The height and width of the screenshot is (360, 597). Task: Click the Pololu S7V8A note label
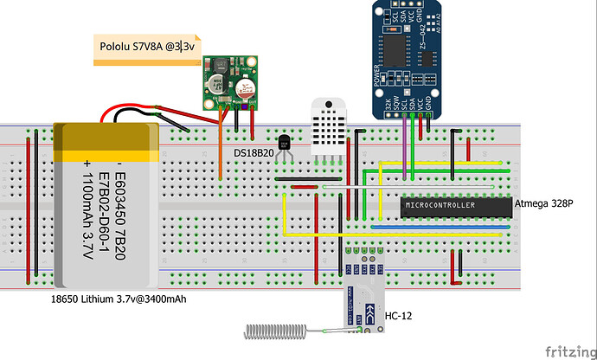click(x=146, y=48)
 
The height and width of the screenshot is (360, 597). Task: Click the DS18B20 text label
click(x=254, y=152)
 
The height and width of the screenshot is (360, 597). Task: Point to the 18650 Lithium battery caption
click(x=119, y=299)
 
